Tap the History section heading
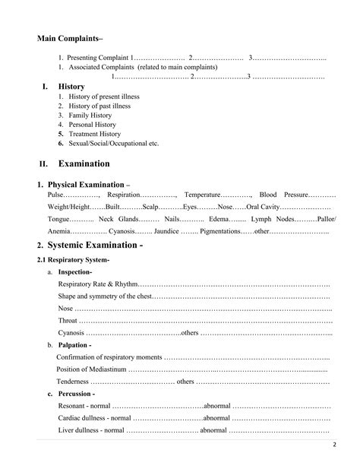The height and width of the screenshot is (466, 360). [71, 87]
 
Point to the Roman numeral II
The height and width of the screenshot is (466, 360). [43, 163]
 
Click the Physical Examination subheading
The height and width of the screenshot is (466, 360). [88, 185]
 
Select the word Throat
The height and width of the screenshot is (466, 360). [68, 320]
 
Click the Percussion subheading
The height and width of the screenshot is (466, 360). [76, 394]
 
